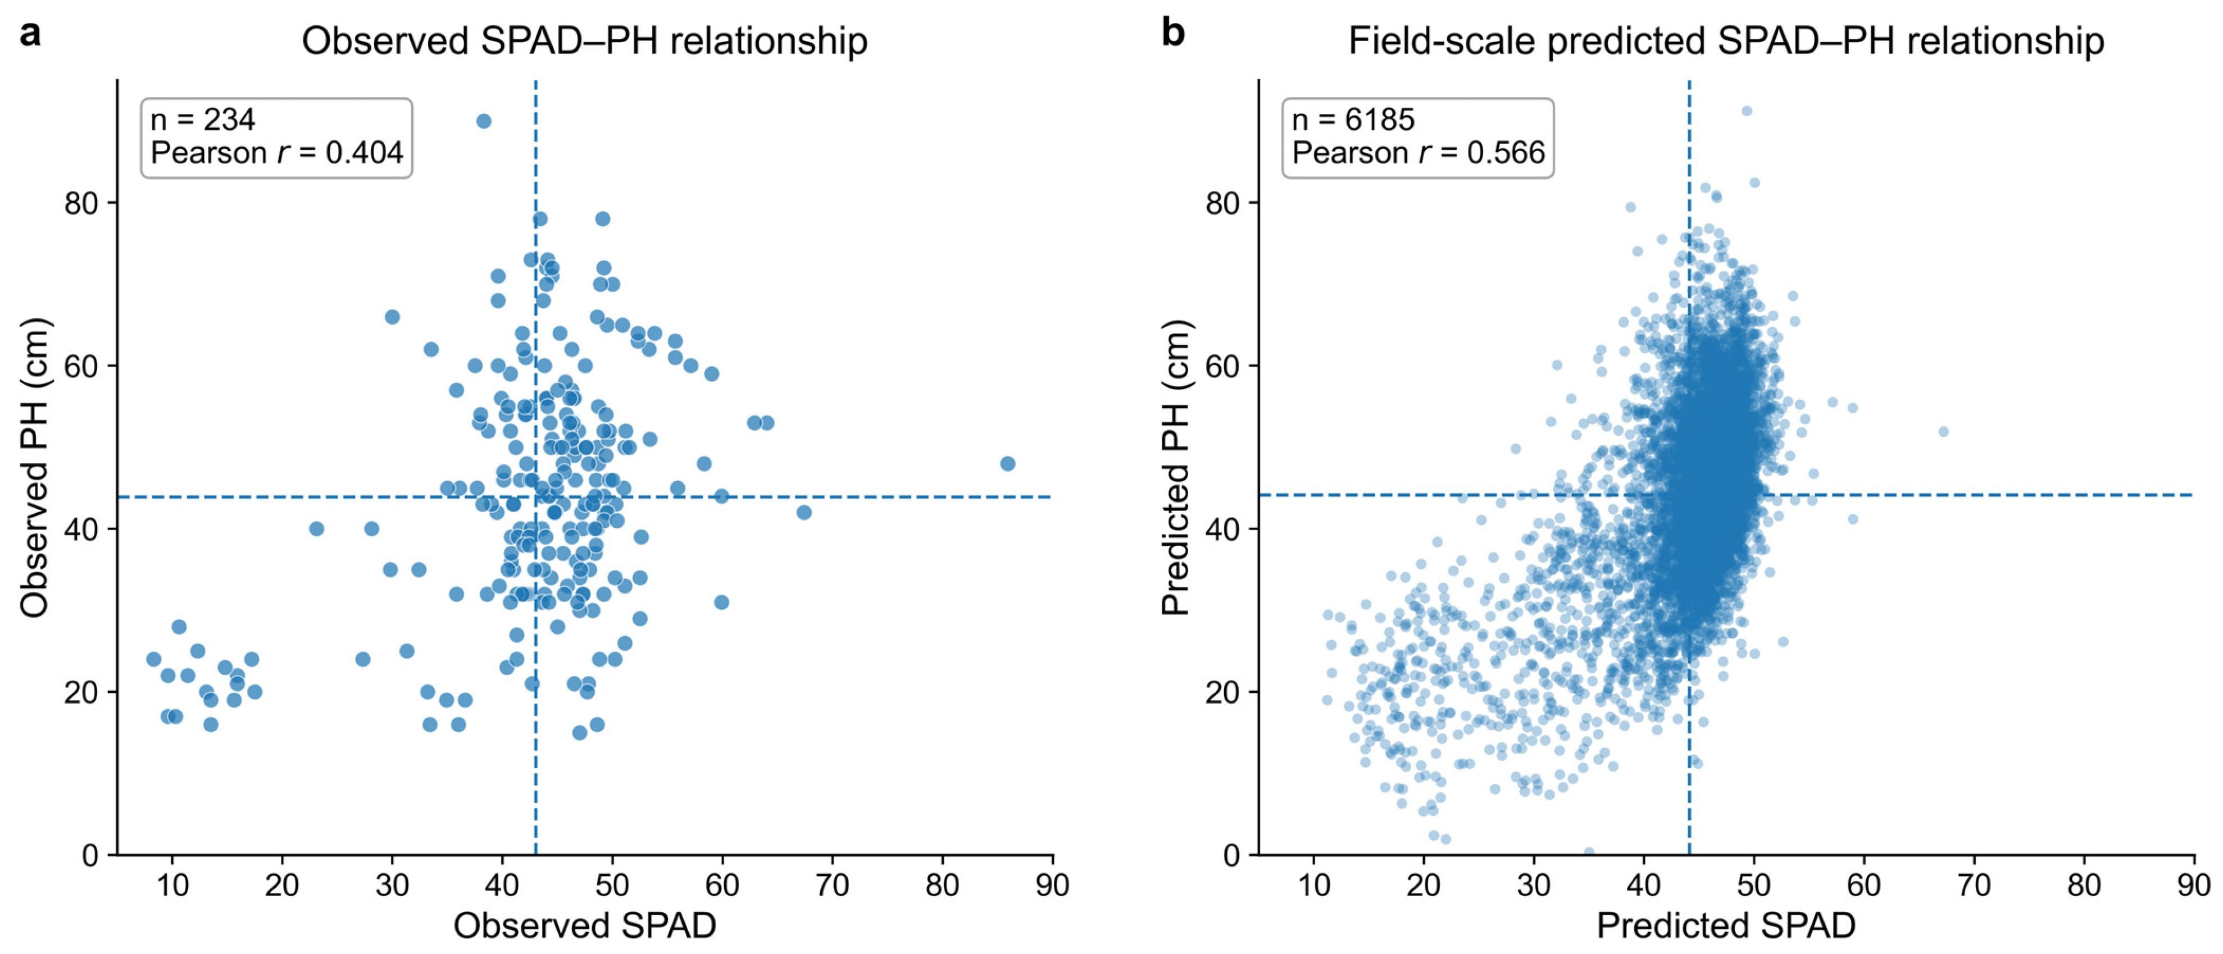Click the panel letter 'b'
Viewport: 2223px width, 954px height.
1173,32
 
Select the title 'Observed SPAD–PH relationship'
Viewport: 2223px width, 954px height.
584,40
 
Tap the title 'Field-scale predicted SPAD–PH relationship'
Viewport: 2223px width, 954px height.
1726,40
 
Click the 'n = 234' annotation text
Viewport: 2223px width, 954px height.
203,119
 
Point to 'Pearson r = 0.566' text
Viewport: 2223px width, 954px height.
1418,153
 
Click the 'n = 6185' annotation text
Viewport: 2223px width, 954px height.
1353,119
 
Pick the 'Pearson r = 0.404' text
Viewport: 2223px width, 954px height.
277,153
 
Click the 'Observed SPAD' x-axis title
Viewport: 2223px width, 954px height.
585,925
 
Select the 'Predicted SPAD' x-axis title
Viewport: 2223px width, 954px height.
1726,925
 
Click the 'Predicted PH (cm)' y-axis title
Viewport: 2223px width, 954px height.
1176,468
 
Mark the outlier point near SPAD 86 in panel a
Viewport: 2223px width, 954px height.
1007,464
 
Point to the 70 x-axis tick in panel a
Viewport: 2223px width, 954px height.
832,885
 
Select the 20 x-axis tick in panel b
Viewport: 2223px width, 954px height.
1424,885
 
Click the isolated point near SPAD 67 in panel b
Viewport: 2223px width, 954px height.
1943,431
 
